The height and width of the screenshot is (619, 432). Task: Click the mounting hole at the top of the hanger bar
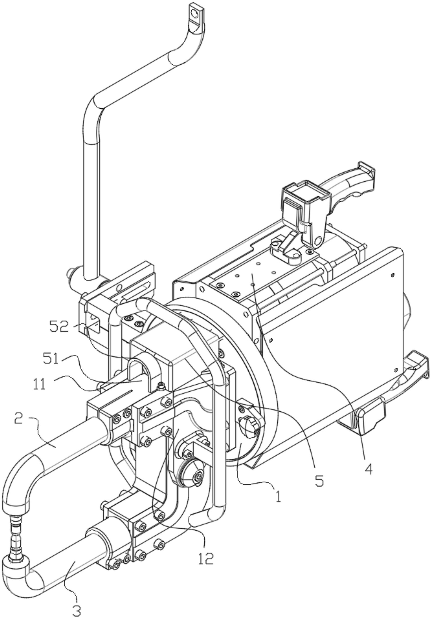coord(194,13)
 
